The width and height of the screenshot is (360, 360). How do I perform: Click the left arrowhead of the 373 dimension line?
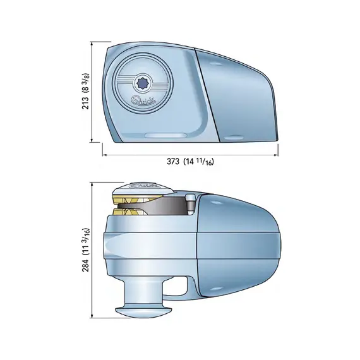[x=105, y=152]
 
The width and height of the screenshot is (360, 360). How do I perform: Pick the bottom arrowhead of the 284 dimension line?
[x=95, y=320]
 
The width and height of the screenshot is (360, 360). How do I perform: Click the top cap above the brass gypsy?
[x=143, y=187]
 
